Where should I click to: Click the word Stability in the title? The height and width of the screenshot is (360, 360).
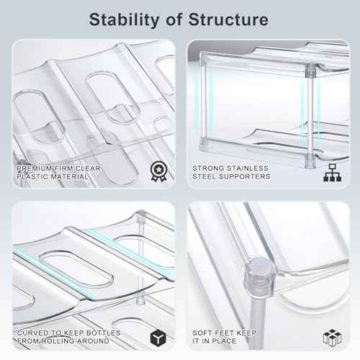point(124,20)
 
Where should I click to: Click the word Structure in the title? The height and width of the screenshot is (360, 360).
point(228,19)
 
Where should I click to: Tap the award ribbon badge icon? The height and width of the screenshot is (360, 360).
point(158,171)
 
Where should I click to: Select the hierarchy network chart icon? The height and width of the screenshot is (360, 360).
point(332,173)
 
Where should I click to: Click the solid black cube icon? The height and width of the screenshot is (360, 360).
point(158,338)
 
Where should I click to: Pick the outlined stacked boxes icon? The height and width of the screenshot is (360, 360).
point(332,338)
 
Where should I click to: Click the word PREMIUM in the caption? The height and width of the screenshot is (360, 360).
point(34,168)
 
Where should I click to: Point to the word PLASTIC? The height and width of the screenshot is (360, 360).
point(31,176)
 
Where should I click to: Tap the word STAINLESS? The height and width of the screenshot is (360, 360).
point(248,168)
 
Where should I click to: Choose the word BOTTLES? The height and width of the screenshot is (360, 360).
point(104,333)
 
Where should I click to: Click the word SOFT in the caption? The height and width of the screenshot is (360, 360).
point(201,333)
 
